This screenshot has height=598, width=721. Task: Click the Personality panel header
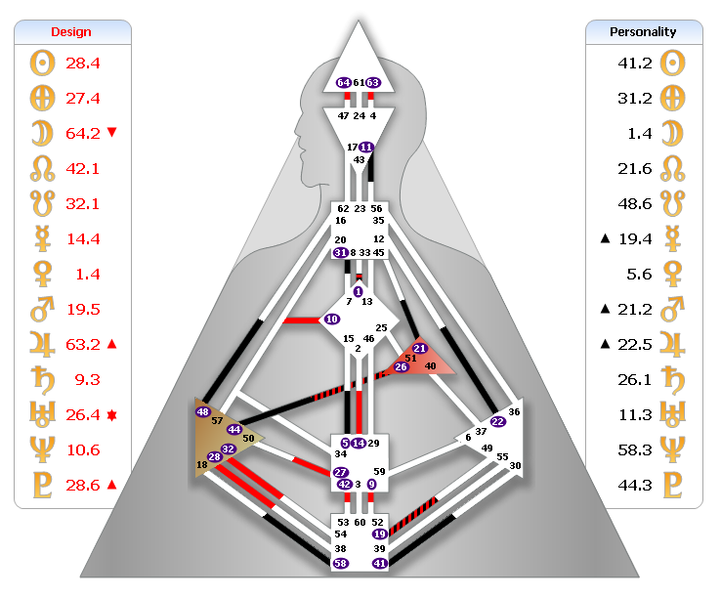[x=644, y=31]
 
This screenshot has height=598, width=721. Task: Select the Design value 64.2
[x=83, y=133]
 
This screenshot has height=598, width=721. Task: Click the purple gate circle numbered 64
[x=343, y=83]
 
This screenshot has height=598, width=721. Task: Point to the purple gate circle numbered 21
[x=419, y=348]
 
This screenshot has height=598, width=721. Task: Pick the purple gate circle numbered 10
[x=332, y=319]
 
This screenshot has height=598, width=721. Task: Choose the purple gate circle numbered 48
[x=203, y=412]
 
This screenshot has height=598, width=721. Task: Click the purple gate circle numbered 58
[x=340, y=564]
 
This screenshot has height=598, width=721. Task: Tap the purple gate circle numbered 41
[x=380, y=564]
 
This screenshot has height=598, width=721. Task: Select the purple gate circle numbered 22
[x=497, y=422]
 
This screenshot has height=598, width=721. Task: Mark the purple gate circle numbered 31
[x=340, y=252]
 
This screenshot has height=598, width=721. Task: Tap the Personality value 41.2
[x=635, y=63]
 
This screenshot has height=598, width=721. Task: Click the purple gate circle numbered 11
[x=366, y=148]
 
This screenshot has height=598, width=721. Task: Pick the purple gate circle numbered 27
[x=340, y=472]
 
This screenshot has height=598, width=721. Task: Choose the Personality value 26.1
[x=635, y=379]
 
